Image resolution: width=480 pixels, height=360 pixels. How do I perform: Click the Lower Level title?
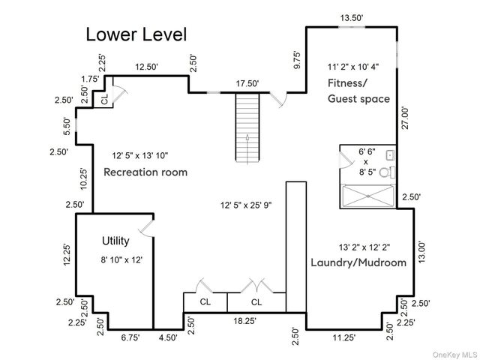click(x=136, y=34)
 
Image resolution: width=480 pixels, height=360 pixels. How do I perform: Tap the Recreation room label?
click(x=145, y=172)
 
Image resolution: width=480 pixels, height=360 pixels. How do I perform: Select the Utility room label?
click(x=115, y=241)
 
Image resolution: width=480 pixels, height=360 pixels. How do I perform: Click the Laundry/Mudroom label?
click(x=358, y=262)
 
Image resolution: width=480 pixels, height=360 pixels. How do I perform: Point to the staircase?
click(x=247, y=127)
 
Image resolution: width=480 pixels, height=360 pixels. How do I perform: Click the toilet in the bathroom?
click(x=387, y=172)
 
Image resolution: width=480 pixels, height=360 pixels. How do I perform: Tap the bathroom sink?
click(x=391, y=155)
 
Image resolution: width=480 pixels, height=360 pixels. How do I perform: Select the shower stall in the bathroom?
click(x=368, y=196)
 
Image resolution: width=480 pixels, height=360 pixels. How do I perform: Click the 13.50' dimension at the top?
click(x=352, y=18)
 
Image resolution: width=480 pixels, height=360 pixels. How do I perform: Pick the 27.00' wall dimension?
click(x=405, y=118)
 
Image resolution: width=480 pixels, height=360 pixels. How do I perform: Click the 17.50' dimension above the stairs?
click(x=247, y=83)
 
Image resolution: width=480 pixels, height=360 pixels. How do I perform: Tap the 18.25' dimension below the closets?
click(x=245, y=321)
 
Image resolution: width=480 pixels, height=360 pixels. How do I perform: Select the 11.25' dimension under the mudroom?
click(x=344, y=337)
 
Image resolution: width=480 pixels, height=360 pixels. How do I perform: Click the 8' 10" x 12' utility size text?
click(x=121, y=260)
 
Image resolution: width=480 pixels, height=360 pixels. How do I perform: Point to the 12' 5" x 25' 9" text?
click(x=246, y=205)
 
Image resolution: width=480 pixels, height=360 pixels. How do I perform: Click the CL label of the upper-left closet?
click(x=105, y=99)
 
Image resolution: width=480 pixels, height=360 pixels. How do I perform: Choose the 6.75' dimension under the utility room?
click(x=130, y=337)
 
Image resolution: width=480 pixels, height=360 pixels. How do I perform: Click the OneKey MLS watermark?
click(x=455, y=355)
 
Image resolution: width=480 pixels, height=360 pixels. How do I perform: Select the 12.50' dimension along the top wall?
click(x=147, y=67)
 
